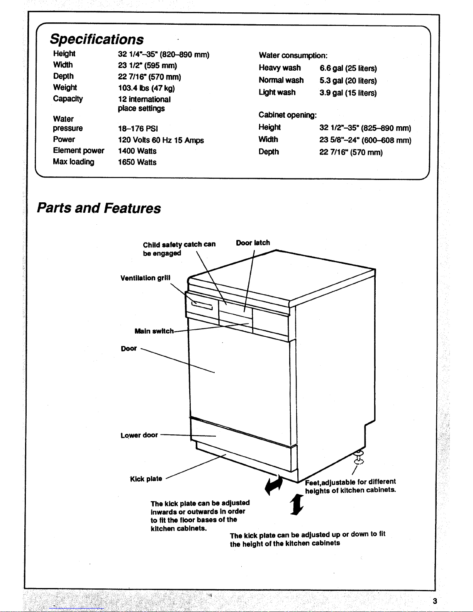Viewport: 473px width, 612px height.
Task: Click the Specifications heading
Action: [97, 39]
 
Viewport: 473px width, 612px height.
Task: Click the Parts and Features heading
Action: [99, 208]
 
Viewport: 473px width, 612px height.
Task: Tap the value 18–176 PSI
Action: [138, 129]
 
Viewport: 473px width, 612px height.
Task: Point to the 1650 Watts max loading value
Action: [137, 162]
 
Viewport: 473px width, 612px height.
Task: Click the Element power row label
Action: [78, 151]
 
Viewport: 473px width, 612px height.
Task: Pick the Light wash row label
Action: [277, 92]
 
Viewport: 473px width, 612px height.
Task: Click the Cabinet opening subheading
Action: [288, 115]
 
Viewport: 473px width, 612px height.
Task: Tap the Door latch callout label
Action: [253, 242]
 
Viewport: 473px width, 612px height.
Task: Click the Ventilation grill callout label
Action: [145, 278]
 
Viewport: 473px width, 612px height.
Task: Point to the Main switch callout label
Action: [154, 331]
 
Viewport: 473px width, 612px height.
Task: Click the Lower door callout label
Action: [139, 435]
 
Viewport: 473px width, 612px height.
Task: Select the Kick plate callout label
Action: [146, 479]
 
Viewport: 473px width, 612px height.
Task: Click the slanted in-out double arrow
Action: [274, 486]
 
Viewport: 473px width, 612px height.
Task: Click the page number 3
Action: [435, 601]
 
